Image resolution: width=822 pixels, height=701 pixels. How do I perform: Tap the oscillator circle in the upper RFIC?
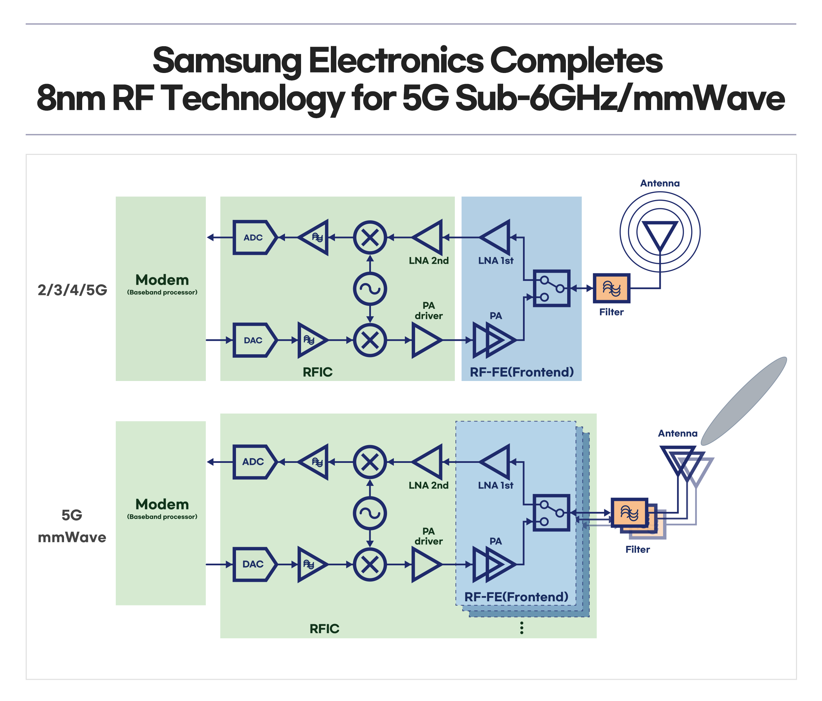point(370,288)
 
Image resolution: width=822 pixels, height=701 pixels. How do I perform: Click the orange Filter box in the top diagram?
point(611,288)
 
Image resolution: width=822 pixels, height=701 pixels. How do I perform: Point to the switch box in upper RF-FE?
point(551,288)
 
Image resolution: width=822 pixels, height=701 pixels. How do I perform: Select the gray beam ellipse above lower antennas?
point(744,401)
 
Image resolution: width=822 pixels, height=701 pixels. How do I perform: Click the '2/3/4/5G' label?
point(72,290)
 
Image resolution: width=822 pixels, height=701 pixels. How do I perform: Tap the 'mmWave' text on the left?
point(72,537)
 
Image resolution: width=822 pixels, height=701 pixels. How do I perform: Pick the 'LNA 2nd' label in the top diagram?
point(428,261)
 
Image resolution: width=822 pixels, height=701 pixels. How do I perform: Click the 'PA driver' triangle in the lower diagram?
point(425,564)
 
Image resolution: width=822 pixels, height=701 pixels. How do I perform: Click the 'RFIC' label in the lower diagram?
point(324,628)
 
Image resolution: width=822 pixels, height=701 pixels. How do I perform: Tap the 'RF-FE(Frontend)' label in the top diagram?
point(521,372)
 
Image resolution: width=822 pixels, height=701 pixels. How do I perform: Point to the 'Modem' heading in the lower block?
point(162,504)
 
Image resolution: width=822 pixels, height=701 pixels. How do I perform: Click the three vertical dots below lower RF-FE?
point(521,628)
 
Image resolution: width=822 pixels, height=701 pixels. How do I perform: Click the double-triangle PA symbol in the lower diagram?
point(494,564)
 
